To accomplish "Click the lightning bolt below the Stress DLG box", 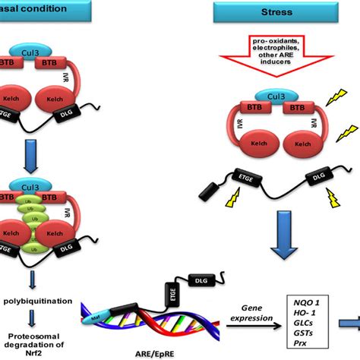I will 334,199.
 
